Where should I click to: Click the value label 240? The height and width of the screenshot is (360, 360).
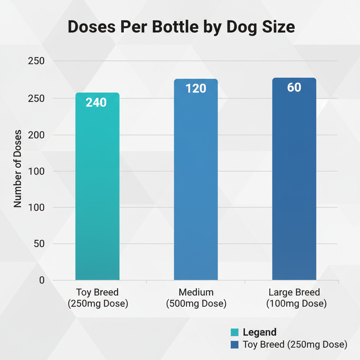[96, 102]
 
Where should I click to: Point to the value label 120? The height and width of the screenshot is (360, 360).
[196, 88]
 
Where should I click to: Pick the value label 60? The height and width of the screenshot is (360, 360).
[294, 87]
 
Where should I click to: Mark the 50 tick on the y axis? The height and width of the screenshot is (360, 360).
[39, 244]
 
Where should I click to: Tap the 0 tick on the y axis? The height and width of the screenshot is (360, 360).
[42, 280]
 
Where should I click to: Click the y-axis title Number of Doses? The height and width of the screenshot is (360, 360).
[18, 169]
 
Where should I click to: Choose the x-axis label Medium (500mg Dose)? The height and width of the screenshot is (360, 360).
[196, 298]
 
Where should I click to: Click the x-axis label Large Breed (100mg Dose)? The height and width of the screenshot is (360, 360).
[294, 298]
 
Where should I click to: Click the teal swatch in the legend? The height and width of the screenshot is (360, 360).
[234, 332]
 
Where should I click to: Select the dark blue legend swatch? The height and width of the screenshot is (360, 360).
[234, 345]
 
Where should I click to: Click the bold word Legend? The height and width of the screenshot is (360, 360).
[259, 332]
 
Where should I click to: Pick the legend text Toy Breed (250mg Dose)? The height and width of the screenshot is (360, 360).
[295, 345]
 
